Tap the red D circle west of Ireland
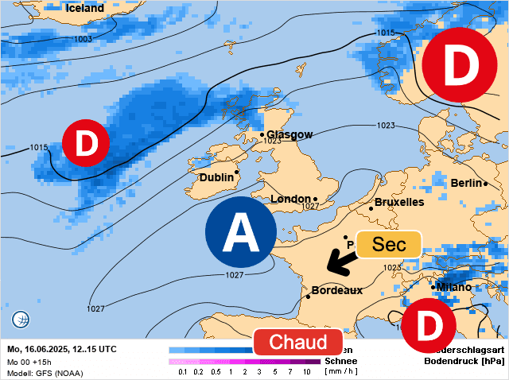(x=85, y=143)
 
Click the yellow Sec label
(x=389, y=244)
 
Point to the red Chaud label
(x=298, y=343)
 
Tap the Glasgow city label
(x=289, y=134)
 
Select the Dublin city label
(x=216, y=177)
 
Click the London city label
(x=290, y=199)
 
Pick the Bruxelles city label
(x=398, y=202)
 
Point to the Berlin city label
(x=466, y=183)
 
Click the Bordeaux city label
(x=336, y=290)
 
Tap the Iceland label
(x=85, y=8)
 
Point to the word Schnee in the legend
(x=340, y=360)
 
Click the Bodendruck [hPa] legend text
(x=466, y=360)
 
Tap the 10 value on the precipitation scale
(x=306, y=371)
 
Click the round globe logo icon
(x=21, y=320)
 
